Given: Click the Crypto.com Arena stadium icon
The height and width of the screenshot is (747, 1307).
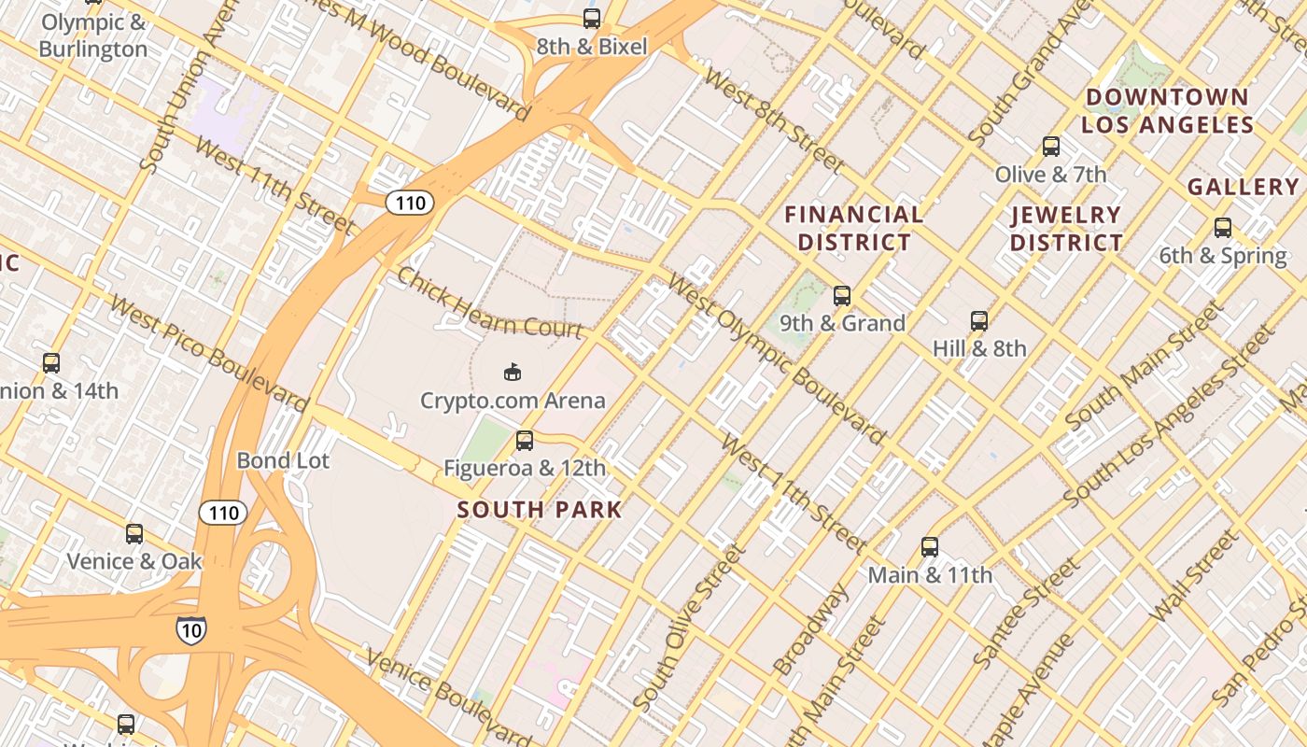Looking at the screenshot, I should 512,373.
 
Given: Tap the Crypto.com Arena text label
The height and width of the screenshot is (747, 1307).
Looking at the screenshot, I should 513,402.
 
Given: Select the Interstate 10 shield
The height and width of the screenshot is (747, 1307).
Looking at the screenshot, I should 190,629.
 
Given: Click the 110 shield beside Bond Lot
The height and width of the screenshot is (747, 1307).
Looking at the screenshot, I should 223,512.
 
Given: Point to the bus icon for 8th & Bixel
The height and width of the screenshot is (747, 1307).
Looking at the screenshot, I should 591,18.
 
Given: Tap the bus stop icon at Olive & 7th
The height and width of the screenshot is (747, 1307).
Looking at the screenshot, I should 1051,147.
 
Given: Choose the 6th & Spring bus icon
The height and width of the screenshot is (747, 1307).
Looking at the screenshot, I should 1222,228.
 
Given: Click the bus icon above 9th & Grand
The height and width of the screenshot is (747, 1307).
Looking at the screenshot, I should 842,296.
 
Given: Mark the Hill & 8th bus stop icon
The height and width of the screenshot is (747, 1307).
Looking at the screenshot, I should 979,321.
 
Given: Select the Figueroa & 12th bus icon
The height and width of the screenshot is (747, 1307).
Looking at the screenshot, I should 525,440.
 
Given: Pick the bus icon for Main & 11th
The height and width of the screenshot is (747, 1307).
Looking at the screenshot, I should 930,547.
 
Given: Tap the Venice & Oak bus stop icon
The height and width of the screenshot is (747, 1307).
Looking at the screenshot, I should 134,534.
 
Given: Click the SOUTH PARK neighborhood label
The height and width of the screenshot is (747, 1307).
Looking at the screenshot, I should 540,510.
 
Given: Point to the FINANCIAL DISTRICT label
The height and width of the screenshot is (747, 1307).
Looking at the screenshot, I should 853,229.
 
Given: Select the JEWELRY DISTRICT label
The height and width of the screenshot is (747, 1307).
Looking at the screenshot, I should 1066,229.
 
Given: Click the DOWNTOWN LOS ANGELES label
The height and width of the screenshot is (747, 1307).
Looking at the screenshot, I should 1167,111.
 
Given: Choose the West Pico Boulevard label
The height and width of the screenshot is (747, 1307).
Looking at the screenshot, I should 207,354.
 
